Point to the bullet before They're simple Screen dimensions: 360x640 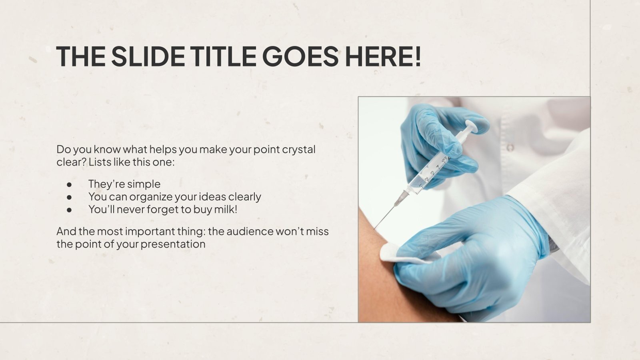pyautogui.click(x=70, y=184)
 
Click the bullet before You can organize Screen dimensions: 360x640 pyautogui.click(x=70, y=197)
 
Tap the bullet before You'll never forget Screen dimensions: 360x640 pyautogui.click(x=70, y=210)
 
